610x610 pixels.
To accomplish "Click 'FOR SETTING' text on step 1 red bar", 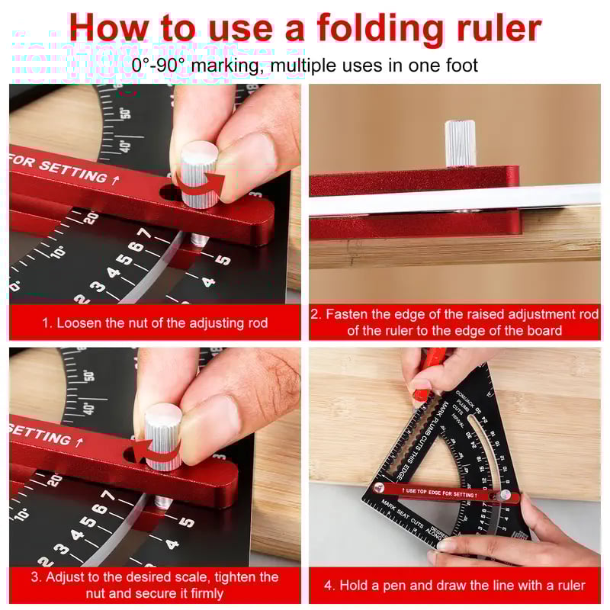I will point(57,169).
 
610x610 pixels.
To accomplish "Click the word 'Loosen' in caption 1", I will point(79,323).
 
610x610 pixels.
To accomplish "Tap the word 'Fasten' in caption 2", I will point(346,314).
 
